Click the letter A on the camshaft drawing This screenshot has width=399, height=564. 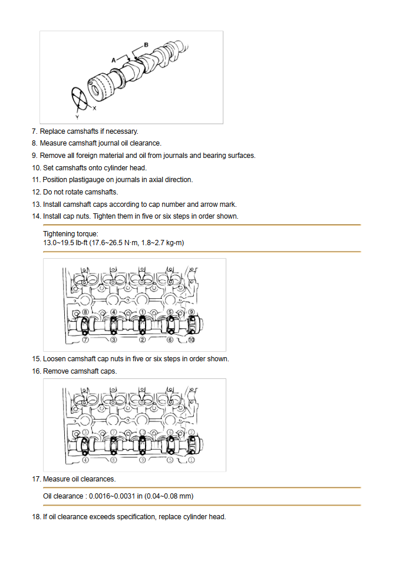(114, 60)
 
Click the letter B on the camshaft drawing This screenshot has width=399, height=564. (146, 45)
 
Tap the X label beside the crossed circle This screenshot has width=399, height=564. (95, 108)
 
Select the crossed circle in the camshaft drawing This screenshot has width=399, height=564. (81, 98)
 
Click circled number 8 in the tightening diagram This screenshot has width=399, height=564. (85, 312)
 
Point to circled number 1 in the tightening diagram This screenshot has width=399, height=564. (142, 312)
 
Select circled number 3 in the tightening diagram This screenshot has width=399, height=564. (114, 340)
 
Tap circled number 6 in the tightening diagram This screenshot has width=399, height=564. (170, 340)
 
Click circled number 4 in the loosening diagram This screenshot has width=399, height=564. (85, 460)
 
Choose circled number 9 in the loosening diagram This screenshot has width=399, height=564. (142, 460)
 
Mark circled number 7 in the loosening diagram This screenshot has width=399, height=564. (114, 432)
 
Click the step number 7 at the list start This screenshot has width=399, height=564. (34, 131)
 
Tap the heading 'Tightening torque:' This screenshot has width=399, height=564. (71, 234)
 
